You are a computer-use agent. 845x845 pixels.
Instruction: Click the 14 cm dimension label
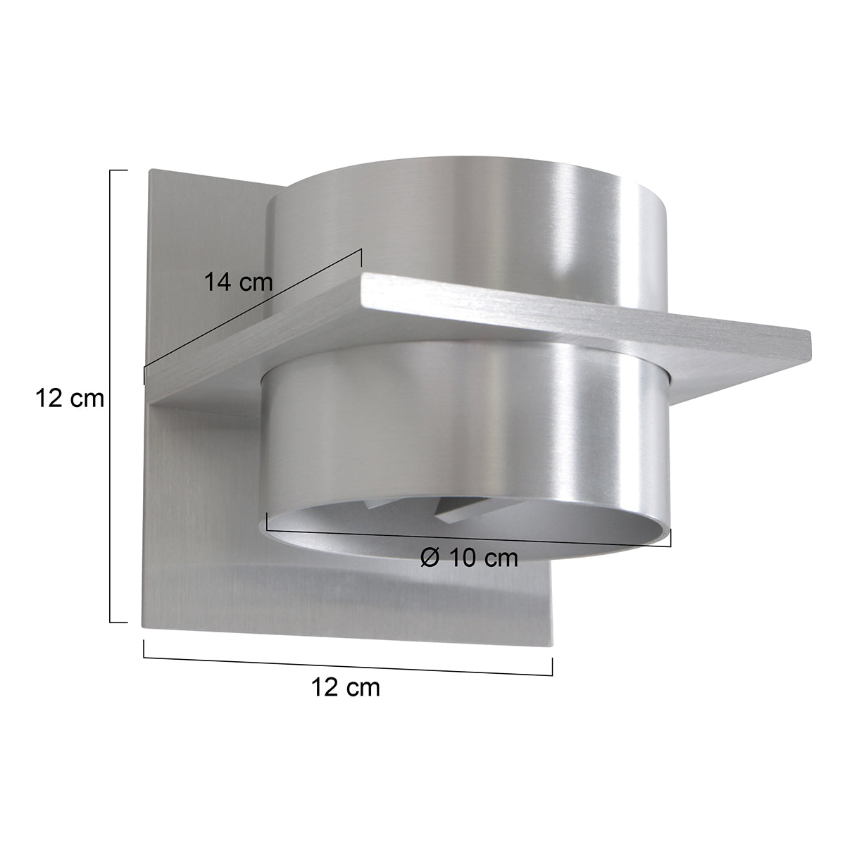[238, 283]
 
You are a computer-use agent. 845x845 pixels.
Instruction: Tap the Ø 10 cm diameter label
[468, 558]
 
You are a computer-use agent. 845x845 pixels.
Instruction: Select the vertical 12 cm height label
[70, 399]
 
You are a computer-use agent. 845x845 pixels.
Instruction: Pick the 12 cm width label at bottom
[345, 687]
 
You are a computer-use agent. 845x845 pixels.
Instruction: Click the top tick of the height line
[119, 170]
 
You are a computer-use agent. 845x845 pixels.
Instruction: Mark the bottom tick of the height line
[119, 622]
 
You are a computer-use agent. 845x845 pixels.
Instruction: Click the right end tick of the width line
[552, 665]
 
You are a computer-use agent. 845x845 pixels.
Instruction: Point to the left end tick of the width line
[144, 649]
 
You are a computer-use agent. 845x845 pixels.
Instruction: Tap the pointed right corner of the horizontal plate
[810, 337]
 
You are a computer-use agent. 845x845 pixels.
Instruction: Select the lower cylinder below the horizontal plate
[465, 437]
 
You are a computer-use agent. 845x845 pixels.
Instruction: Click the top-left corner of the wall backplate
[150, 170]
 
